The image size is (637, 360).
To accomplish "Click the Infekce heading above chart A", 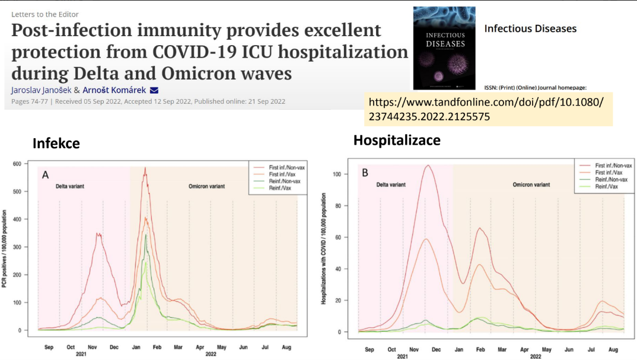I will point(56,144).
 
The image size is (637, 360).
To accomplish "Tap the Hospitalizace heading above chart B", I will point(397,141).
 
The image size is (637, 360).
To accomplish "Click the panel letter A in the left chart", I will point(45,175).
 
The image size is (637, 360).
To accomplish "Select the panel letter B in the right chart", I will point(365,173).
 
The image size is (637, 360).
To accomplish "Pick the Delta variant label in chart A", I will point(70,186).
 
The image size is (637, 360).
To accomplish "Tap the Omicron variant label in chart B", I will point(531,184).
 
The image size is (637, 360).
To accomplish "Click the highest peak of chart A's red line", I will point(145,168).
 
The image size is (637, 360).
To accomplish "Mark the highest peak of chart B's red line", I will point(427,165).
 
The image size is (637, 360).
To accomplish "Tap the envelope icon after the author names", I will point(154,90).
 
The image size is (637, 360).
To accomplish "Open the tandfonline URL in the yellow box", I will point(486,109).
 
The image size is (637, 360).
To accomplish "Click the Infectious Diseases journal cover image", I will point(444,45).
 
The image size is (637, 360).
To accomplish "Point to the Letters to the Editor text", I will point(44,14).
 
